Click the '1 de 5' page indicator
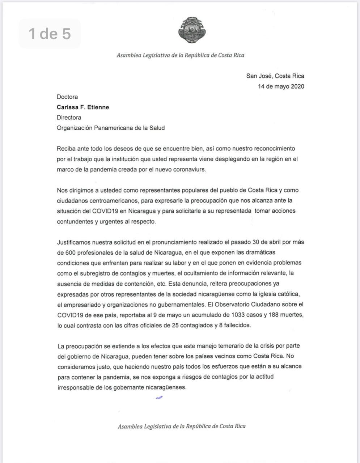tap(50, 34)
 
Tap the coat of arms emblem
tap(192, 30)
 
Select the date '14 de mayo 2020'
tap(281, 86)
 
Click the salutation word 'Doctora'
tap(67, 97)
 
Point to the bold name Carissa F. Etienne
tap(83, 107)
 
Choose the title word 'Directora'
tap(69, 118)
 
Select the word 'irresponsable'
tap(75, 387)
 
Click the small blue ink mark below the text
tap(159, 398)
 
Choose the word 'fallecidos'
tap(235, 326)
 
